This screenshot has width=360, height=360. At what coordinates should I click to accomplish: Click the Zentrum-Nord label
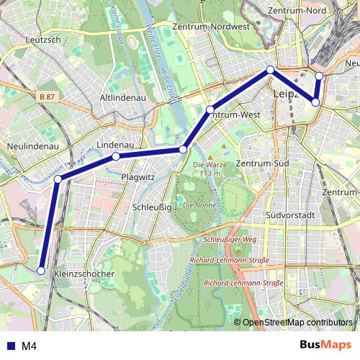(x=296, y=11)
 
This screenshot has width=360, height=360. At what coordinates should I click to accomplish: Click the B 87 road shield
(x=48, y=96)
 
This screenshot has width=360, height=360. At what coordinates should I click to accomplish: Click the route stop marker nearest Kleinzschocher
(x=41, y=271)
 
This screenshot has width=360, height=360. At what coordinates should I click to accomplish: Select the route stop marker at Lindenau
(x=115, y=156)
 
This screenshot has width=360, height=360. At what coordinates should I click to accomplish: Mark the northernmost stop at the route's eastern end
(x=319, y=75)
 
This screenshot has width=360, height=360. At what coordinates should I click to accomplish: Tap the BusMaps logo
(x=327, y=345)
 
